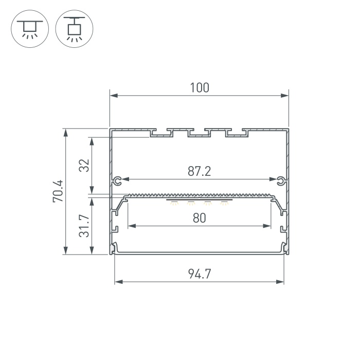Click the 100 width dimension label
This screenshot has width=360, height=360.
(x=200, y=88)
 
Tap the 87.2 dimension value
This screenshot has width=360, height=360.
(x=200, y=171)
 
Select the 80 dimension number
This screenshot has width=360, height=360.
(x=200, y=218)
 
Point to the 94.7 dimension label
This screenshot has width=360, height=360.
(x=200, y=274)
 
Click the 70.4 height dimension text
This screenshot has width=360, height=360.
(x=58, y=191)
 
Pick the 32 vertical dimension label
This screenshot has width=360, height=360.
(x=84, y=165)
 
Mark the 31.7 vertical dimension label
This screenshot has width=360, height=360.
(x=84, y=226)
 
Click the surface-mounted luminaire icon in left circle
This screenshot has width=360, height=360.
(x=30, y=29)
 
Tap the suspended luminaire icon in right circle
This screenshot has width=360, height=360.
(x=74, y=29)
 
